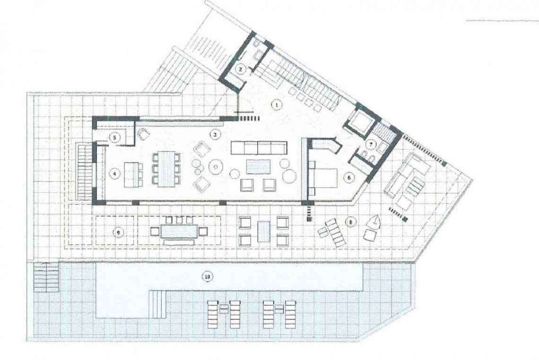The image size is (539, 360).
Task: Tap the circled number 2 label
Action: pos(241,69)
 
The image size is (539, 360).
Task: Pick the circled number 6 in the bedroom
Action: pos(349,177)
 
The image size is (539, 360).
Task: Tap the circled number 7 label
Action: pos(372,144)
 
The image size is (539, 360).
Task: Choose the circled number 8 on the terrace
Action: pos(350,221)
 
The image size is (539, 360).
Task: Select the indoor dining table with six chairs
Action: pos(165,169)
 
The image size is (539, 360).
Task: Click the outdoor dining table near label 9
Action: pos(177,231)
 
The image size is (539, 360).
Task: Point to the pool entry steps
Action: pos(158,305)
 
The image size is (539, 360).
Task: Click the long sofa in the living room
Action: pos(259,148)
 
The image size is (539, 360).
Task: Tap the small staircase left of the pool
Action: pos(46,278)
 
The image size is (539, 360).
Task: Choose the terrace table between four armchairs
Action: pos(263,231)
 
